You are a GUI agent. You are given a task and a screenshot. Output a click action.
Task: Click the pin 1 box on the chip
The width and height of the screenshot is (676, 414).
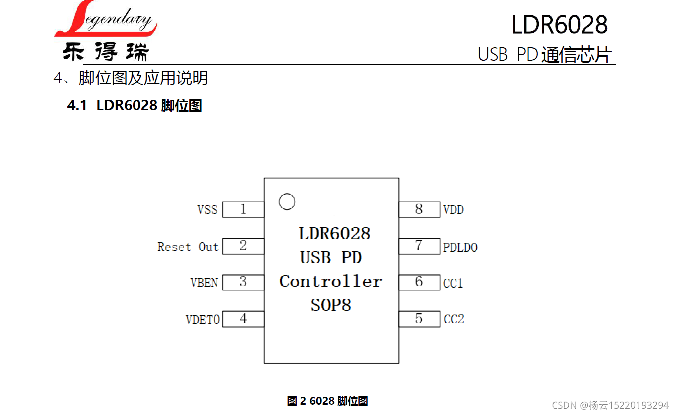point(243,209)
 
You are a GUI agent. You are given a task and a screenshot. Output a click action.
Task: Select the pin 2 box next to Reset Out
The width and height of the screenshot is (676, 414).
point(243,246)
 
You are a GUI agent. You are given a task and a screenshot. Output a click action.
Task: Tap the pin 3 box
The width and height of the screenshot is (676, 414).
point(243,282)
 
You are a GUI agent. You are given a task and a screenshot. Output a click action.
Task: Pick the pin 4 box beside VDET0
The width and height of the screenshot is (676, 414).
point(243,319)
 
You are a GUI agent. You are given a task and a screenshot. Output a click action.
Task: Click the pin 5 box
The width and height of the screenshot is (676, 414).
point(419,319)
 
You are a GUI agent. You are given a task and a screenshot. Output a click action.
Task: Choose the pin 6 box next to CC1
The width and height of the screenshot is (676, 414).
point(419,282)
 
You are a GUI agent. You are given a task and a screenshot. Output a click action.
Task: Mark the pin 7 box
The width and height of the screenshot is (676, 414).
point(419,246)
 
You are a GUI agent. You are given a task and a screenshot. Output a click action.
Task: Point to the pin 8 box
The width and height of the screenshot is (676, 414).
point(419,209)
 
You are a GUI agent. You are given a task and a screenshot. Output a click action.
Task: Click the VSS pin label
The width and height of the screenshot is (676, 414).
point(207,210)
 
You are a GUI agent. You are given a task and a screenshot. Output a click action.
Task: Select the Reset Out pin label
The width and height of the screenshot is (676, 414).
point(188,247)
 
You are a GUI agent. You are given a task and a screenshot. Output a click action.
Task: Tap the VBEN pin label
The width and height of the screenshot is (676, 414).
point(204,283)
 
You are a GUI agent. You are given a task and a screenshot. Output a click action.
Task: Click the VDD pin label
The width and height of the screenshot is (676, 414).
point(453,210)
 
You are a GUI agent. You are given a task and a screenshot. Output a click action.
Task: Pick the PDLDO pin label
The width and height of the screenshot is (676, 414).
point(460,247)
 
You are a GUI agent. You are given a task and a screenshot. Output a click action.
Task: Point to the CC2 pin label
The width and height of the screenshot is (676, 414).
point(454,319)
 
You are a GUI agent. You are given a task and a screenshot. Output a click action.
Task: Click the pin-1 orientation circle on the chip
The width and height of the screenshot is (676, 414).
point(287,201)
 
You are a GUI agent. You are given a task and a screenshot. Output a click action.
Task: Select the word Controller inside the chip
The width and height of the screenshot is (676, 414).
point(331,281)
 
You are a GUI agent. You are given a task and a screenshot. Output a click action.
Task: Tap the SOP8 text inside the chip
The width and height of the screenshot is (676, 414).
point(331,305)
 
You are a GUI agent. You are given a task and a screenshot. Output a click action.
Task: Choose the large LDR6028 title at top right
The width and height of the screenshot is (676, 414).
point(559,25)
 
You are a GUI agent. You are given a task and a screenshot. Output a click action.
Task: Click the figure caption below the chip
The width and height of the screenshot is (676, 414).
point(327,401)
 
